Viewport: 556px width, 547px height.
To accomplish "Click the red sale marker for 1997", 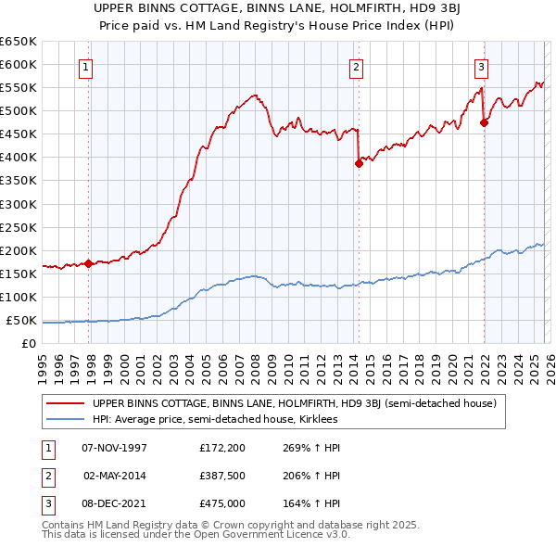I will tap(89, 263).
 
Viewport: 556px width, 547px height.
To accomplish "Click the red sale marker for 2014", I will tap(359, 163).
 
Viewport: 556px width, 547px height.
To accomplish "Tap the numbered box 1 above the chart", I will tap(85, 66).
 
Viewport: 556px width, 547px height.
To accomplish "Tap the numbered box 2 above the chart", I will tap(356, 66).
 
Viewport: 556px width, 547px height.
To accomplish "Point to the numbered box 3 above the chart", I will tap(481, 66).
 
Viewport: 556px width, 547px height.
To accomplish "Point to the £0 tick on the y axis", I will tap(29, 344).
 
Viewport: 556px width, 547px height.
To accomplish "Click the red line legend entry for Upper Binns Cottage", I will tap(295, 403).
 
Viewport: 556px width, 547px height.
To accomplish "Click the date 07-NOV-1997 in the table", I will tap(115, 448).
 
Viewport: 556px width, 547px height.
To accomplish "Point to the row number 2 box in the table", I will tap(47, 476).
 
